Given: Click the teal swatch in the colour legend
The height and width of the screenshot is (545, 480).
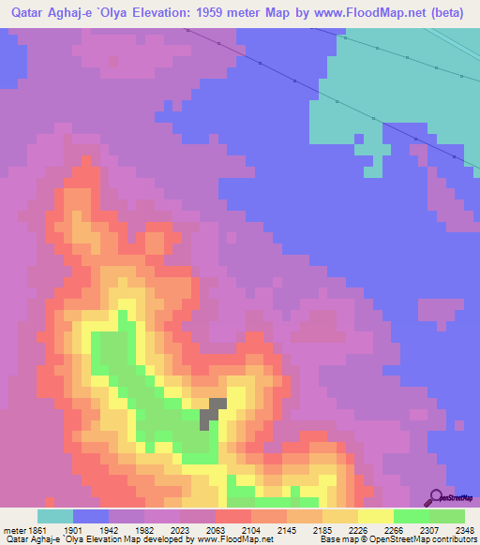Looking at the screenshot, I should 55,516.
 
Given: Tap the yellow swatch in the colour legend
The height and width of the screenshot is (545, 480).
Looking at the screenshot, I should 376,516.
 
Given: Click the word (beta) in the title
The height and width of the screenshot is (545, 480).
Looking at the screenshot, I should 445,13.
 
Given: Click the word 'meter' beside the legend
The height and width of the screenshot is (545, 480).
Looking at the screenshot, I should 11,529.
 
